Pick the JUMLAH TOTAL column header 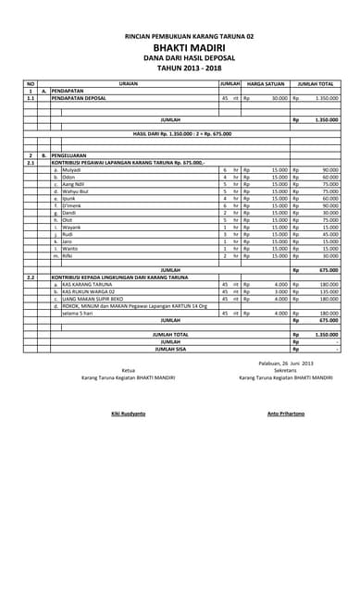[x=316, y=83]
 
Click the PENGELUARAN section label [x=68, y=155]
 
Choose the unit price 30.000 [x=279, y=97]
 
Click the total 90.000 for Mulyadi [x=329, y=170]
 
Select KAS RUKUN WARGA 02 [x=90, y=291]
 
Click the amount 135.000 [x=329, y=291]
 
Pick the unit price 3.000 [x=281, y=291]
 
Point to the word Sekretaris [x=285, y=370]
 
